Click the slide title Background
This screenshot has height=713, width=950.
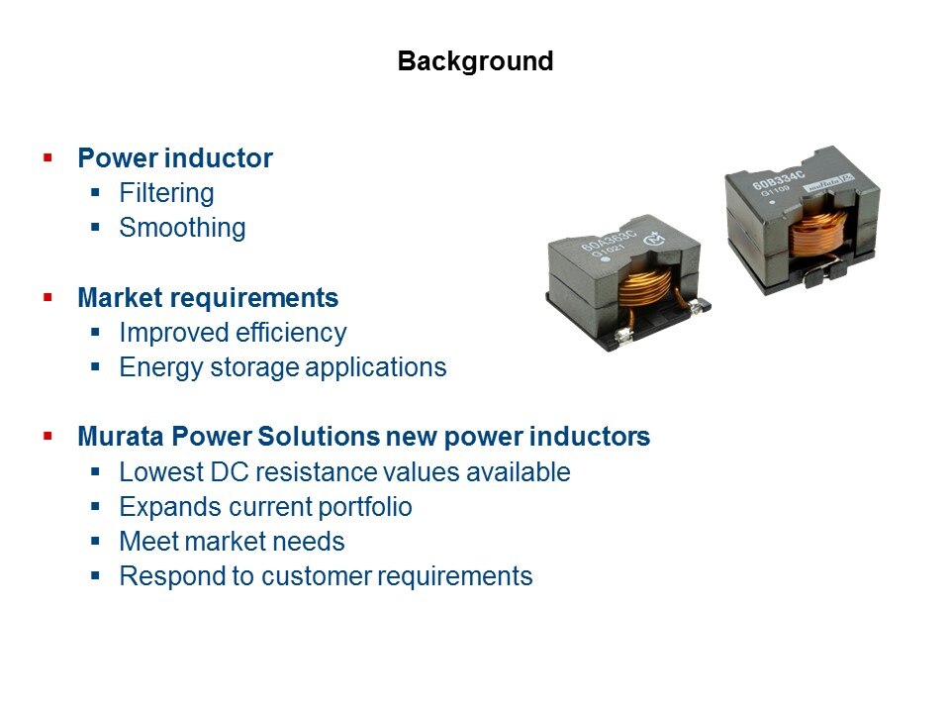(476, 61)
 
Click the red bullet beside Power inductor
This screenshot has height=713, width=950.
(47, 158)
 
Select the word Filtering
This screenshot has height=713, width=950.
(166, 193)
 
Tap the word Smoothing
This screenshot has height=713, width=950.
(182, 228)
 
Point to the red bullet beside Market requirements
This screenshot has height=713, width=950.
(47, 297)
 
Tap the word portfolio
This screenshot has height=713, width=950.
(365, 507)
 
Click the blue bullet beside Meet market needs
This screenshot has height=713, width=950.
(95, 541)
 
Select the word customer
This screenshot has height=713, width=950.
(316, 576)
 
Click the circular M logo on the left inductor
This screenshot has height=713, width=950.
(654, 239)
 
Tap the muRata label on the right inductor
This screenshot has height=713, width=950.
(828, 182)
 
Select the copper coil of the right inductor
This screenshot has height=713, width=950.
(816, 233)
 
